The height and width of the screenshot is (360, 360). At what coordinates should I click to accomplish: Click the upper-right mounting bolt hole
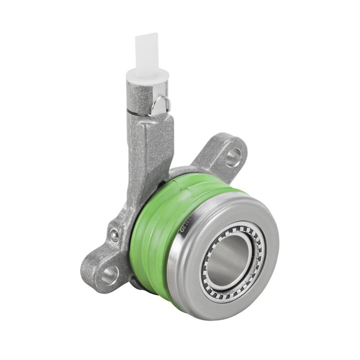[233, 157]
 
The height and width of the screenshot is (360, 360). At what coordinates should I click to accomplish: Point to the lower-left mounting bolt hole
[109, 274]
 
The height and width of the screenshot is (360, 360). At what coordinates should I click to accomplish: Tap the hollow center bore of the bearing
[232, 261]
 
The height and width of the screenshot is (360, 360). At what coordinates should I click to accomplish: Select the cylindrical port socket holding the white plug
[142, 97]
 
